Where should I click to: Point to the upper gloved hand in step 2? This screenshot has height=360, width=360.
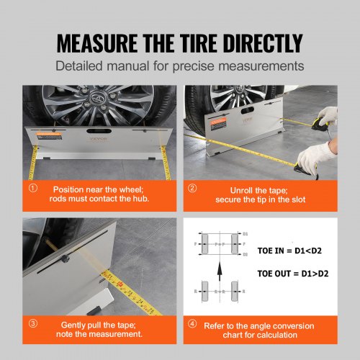tap(328, 114)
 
